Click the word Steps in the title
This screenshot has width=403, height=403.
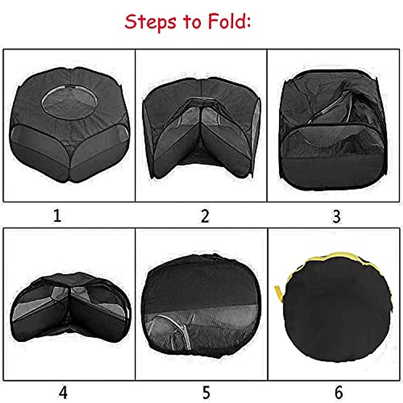tap(150, 22)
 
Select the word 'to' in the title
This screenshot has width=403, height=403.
tap(192, 22)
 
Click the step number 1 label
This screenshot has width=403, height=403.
tap(57, 216)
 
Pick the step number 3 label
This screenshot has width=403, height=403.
tap(336, 217)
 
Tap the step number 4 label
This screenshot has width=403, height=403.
tap(63, 392)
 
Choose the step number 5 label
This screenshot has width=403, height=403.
tap(206, 392)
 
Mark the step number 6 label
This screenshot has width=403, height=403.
tap(339, 392)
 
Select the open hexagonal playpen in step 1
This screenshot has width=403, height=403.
tap(70, 124)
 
